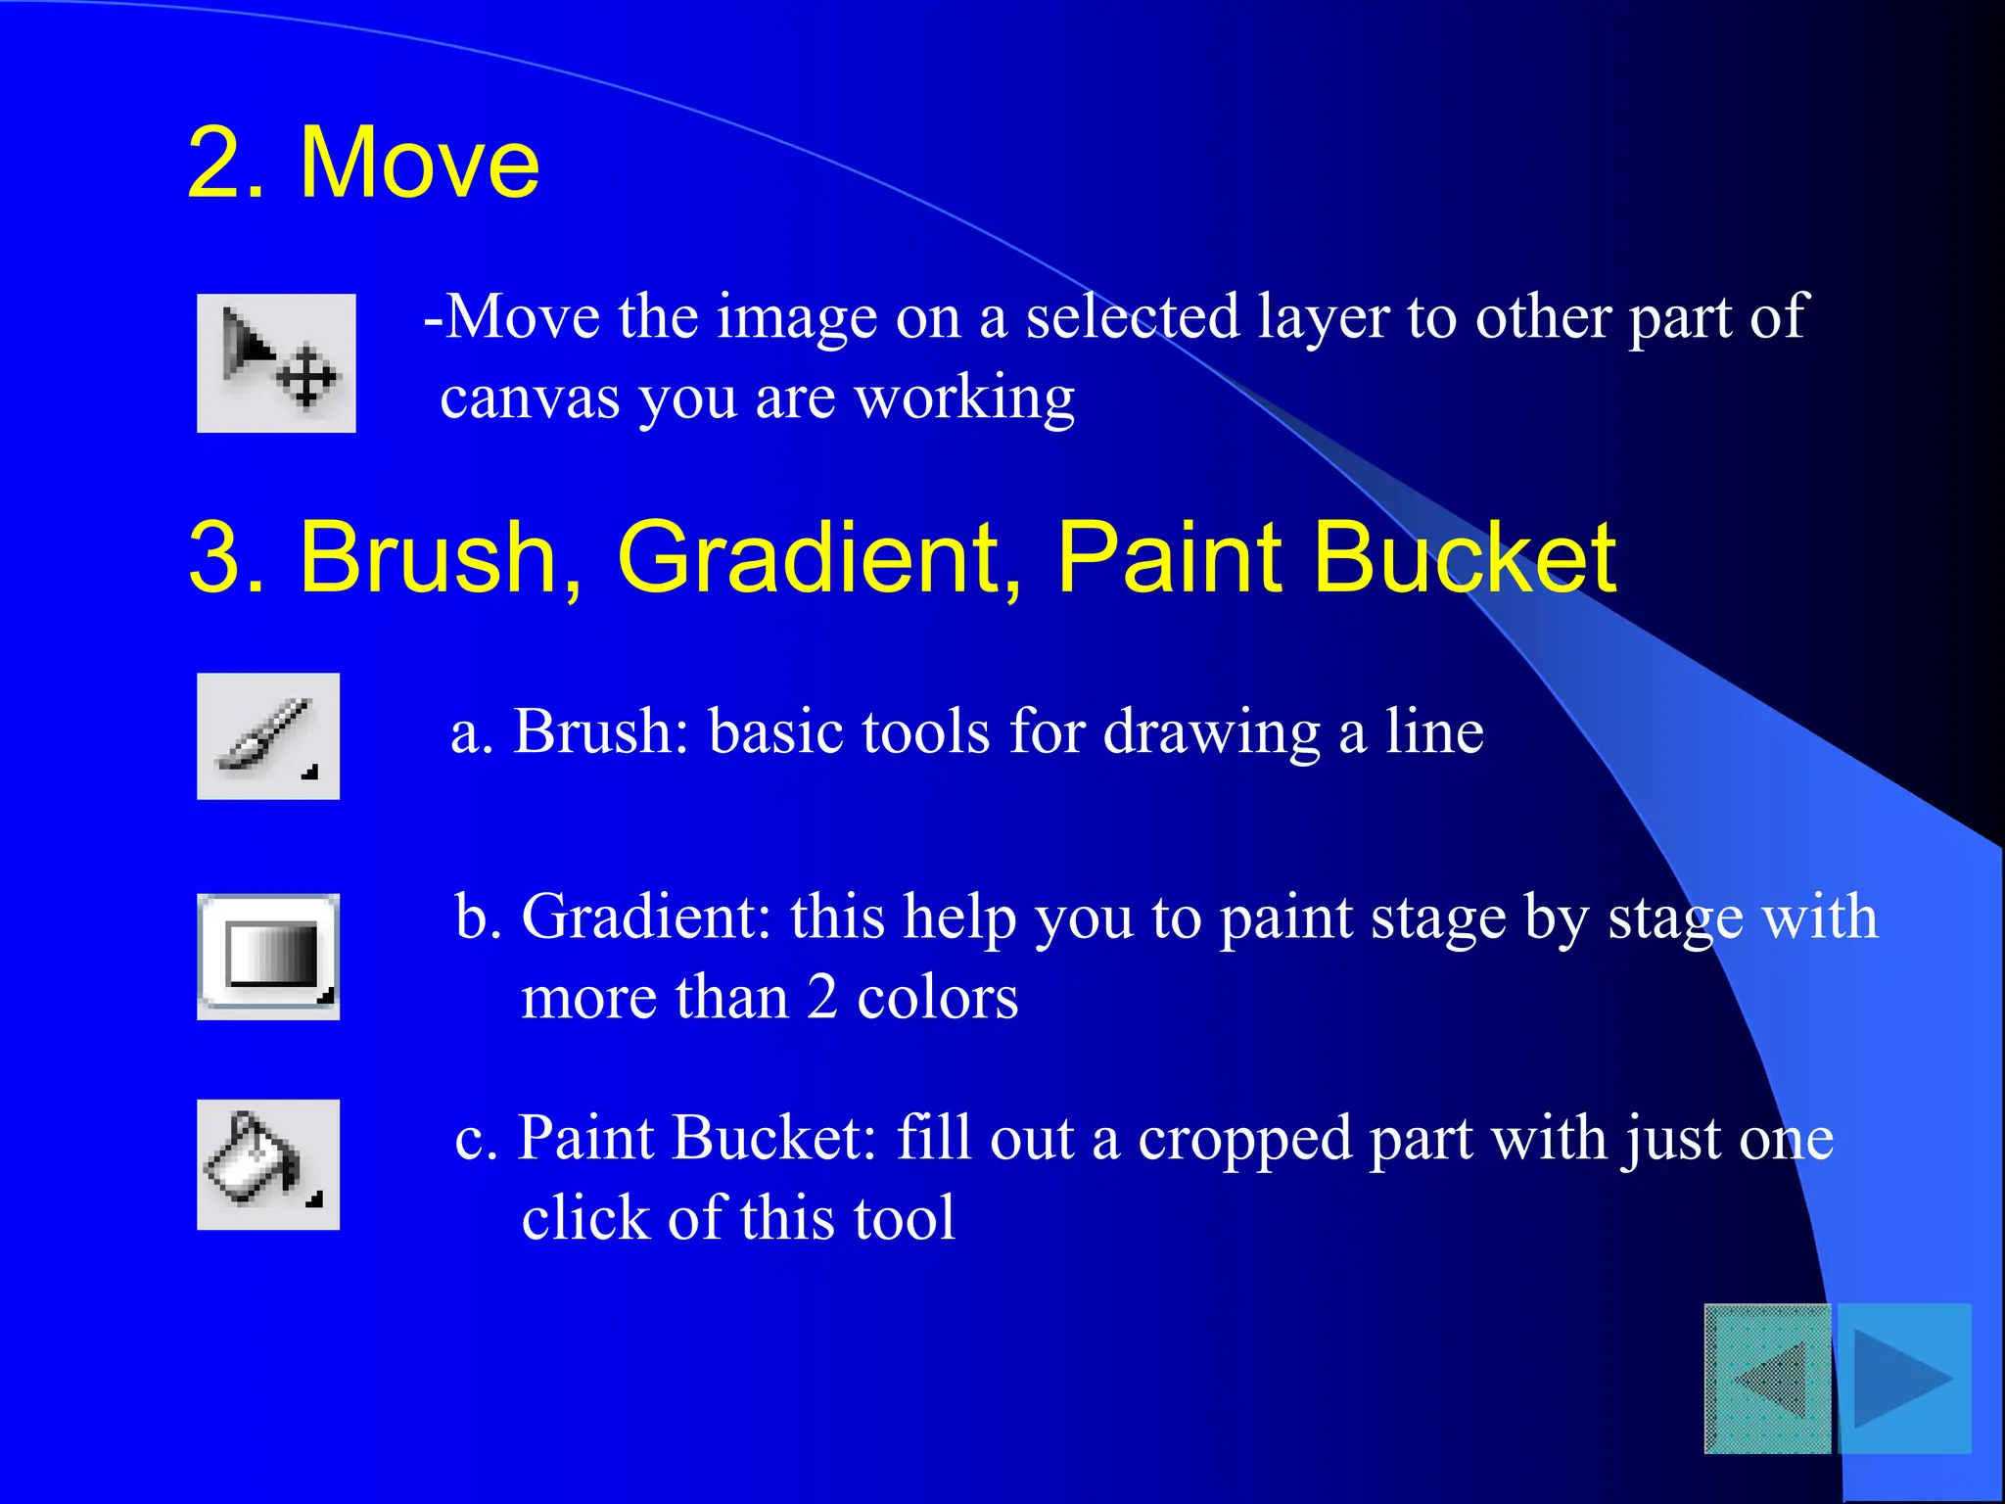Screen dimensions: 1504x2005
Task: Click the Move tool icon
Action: (276, 362)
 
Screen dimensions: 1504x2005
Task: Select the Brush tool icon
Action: (267, 735)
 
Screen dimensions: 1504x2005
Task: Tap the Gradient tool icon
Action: (267, 956)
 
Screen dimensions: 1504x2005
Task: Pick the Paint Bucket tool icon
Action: (267, 1163)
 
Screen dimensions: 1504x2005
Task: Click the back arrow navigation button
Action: (1767, 1378)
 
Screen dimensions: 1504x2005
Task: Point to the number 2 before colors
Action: (822, 998)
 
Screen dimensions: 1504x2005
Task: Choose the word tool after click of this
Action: (904, 1218)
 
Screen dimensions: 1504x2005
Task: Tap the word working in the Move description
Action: (964, 399)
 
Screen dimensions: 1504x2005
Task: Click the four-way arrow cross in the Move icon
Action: (306, 377)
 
